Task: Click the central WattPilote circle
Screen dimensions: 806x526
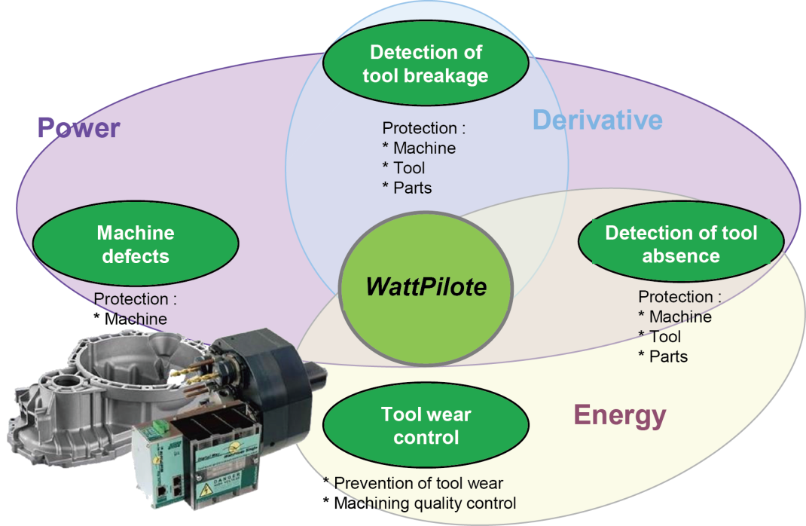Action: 426,288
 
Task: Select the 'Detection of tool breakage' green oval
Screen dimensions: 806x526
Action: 426,63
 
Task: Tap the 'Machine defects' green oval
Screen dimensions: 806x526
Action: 136,243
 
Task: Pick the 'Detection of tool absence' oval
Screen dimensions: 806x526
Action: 681,243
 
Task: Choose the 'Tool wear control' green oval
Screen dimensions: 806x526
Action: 426,425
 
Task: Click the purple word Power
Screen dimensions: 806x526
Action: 78,127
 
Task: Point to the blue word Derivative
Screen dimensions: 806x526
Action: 597,120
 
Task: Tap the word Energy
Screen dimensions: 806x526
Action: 619,415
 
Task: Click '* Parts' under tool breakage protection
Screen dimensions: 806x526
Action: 407,188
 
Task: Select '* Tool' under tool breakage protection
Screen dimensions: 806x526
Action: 404,168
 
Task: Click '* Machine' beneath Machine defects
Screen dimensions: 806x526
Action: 130,319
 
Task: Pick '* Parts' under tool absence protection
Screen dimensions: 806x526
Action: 663,356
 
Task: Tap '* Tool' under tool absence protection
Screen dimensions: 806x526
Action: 660,337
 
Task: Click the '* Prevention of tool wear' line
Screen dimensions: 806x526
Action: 413,483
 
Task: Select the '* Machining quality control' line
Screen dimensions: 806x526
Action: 420,503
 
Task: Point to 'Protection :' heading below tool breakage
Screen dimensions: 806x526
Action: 423,128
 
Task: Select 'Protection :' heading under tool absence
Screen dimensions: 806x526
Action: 679,297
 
